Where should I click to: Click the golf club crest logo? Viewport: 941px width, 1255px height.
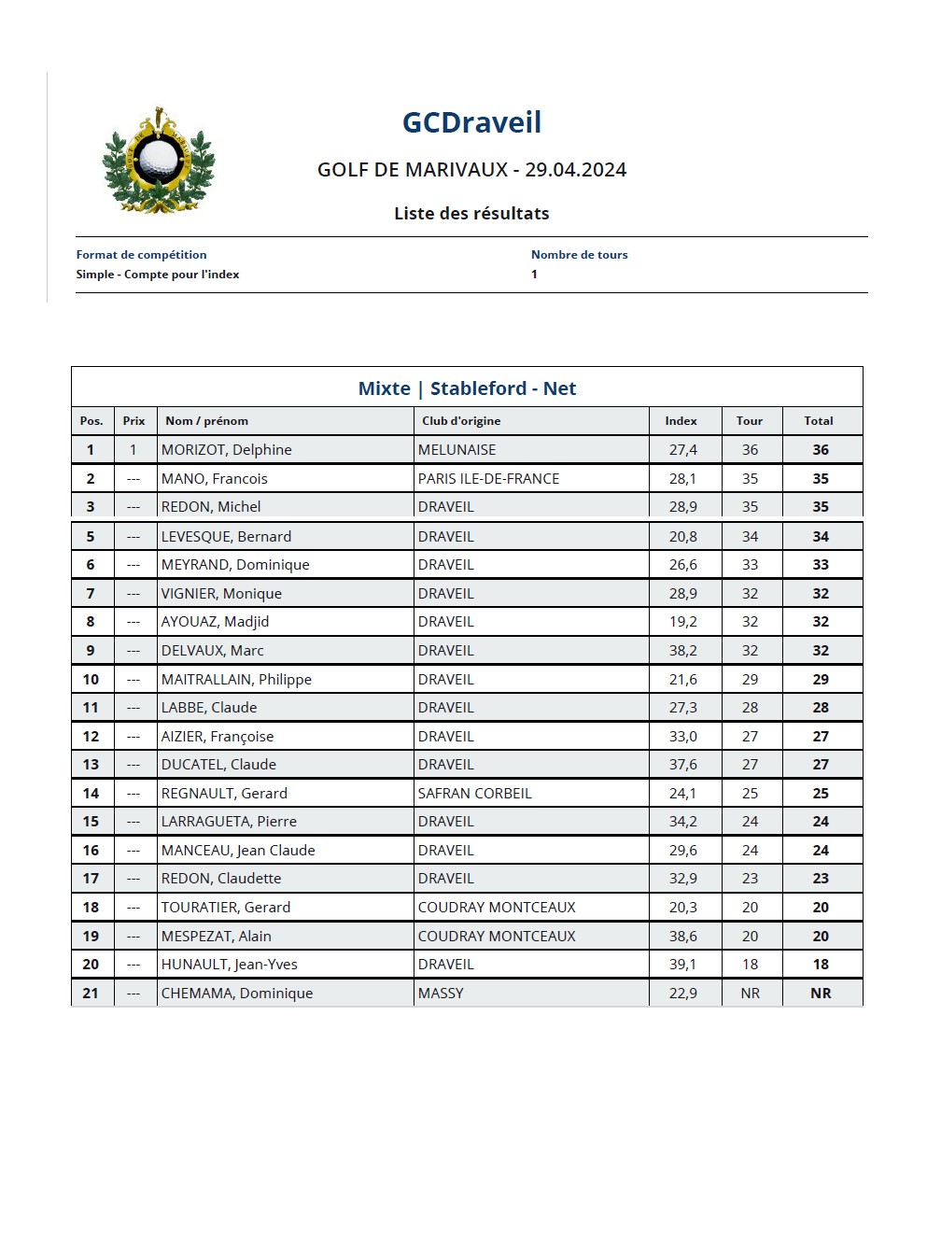[x=158, y=162]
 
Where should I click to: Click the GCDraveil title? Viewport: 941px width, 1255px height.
[x=471, y=122]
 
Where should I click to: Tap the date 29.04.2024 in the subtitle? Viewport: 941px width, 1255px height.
[x=575, y=170]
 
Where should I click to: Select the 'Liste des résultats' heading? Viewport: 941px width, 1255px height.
[x=471, y=214]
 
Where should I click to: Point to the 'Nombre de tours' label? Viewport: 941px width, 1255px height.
[x=579, y=255]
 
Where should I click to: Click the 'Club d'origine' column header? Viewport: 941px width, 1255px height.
[x=461, y=421]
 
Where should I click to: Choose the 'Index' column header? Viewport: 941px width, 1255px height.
[x=681, y=421]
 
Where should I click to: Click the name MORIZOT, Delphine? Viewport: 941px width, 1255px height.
[x=226, y=450]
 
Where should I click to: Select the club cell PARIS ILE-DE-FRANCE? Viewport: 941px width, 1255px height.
[x=488, y=479]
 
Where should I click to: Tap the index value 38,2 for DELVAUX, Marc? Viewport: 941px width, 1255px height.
[x=682, y=651]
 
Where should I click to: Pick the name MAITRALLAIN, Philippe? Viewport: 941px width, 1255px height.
[x=236, y=680]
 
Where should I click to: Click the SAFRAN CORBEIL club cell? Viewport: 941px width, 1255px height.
[x=474, y=794]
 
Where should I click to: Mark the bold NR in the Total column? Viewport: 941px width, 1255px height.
[x=821, y=994]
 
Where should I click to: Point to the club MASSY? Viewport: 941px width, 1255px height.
[x=441, y=994]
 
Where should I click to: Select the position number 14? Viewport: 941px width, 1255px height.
[x=91, y=794]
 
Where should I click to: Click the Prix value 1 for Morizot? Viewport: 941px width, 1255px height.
[x=133, y=450]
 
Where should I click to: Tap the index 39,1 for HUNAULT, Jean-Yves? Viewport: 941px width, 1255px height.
[x=682, y=965]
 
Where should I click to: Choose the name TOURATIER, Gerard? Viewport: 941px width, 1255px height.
[x=226, y=908]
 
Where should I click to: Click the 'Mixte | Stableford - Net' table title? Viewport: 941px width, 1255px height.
[x=467, y=388]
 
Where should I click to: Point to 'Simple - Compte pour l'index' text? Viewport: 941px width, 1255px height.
[x=158, y=275]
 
